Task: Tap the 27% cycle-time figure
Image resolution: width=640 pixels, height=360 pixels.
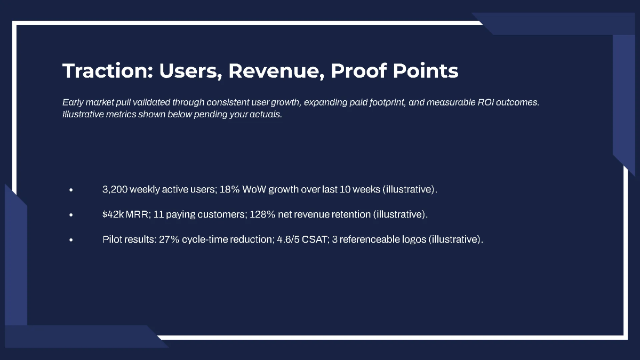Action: click(169, 239)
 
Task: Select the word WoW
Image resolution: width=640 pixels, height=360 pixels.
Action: click(254, 189)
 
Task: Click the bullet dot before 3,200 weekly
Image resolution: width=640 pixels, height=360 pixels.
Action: click(71, 190)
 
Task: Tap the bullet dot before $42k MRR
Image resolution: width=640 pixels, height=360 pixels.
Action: click(71, 215)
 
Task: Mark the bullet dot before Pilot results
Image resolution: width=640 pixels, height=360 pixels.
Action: click(71, 240)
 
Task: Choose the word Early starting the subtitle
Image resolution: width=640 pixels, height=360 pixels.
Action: click(73, 102)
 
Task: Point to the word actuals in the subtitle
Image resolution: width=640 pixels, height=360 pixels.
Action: click(266, 115)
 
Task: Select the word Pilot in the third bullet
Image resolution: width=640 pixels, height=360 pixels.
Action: click(112, 239)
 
